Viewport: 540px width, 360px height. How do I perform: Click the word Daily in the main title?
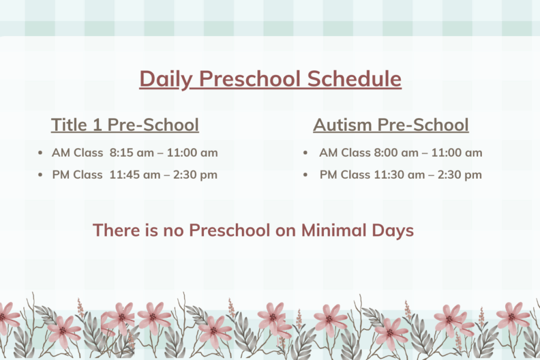166,79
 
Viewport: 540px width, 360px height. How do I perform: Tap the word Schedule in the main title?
354,79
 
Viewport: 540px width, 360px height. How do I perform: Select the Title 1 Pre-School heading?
125,125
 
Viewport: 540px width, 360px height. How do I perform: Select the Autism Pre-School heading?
391,125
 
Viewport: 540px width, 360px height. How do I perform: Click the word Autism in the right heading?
343,125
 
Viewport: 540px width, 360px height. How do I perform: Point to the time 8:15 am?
131,152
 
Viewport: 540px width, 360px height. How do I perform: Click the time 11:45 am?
135,175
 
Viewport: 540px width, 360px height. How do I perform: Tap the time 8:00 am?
396,152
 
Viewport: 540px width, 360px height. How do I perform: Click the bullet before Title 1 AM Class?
40,152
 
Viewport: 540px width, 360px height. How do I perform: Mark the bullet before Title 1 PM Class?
40,175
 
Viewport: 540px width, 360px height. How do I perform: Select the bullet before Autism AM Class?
305,152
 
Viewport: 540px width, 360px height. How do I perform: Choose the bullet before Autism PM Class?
305,175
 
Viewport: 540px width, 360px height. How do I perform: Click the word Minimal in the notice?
334,230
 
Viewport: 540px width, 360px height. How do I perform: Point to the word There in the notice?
116,230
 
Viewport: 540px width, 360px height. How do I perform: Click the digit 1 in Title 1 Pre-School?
97,125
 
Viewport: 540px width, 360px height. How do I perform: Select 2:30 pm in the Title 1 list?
195,175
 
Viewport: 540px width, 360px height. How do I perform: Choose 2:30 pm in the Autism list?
460,175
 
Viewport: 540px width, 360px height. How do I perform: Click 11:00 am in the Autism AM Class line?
457,152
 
